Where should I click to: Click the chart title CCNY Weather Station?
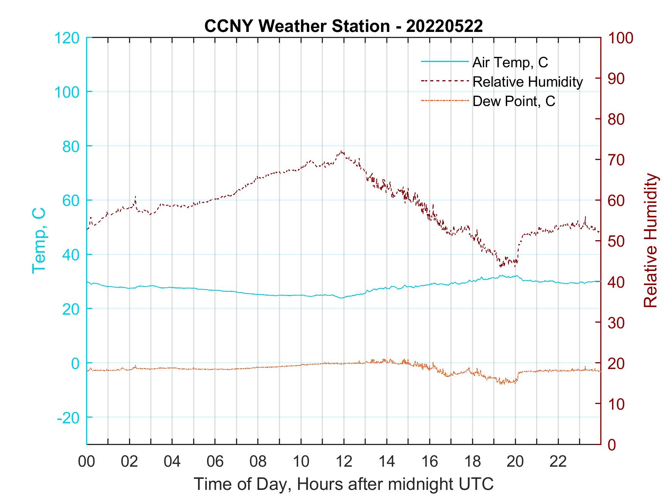tap(343, 26)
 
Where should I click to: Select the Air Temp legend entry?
tap(510, 62)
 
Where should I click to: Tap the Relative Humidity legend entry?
tap(527, 82)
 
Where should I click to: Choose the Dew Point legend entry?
tap(514, 101)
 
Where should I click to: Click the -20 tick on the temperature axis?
tap(68, 418)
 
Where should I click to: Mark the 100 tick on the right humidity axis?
tap(620, 38)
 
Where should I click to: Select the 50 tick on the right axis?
tap(616, 241)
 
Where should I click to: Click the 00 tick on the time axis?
tap(87, 462)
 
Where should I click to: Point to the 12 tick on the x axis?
tap(344, 462)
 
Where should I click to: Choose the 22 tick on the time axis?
tap(558, 462)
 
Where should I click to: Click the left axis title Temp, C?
tap(39, 241)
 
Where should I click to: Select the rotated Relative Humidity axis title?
tap(650, 241)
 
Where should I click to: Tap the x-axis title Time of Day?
tap(343, 484)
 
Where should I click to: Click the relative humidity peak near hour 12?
tap(342, 151)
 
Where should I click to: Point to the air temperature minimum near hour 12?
tap(341, 298)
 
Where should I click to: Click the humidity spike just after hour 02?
tap(135, 197)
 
